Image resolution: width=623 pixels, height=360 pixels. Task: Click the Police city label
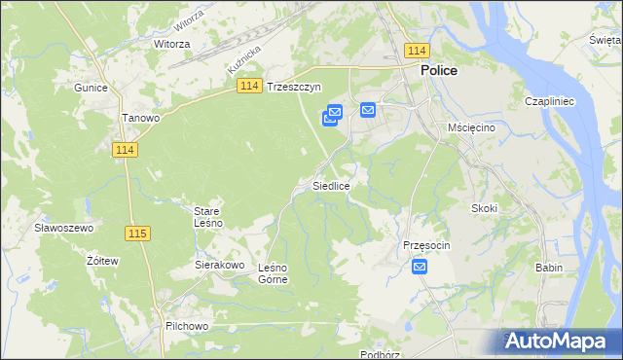(439, 71)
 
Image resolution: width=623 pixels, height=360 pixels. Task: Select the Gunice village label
(90, 87)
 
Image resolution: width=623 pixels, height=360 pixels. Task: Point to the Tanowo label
(140, 118)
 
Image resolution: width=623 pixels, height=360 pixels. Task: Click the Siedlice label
(331, 185)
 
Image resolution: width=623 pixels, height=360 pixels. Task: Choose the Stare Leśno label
(208, 217)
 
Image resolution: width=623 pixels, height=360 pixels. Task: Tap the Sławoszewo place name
(62, 227)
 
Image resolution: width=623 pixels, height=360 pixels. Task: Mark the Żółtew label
(102, 261)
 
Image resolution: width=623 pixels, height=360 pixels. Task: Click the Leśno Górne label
(273, 273)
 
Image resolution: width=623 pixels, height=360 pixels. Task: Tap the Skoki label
(484, 208)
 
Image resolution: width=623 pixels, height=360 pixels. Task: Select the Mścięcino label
(472, 127)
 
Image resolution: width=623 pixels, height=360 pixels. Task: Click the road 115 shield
(137, 233)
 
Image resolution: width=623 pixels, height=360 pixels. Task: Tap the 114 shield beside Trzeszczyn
(248, 87)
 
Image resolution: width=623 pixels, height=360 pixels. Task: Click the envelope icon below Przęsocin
(420, 266)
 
